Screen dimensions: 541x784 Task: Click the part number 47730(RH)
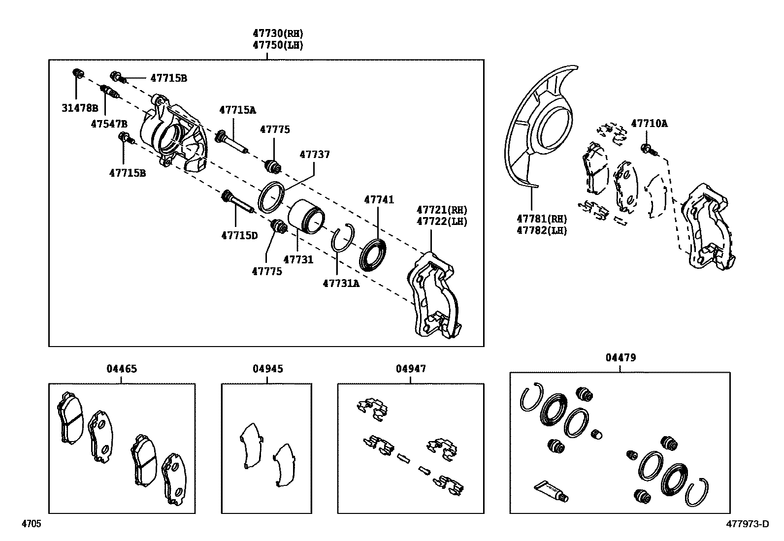(x=278, y=33)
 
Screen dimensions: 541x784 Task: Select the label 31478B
(x=80, y=108)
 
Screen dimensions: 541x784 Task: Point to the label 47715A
(x=237, y=110)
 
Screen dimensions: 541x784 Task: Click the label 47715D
(x=239, y=235)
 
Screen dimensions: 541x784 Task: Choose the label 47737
(x=315, y=155)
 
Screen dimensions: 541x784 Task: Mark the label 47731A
(x=341, y=283)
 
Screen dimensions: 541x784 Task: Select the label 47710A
(x=649, y=124)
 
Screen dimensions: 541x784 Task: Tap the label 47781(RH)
(x=541, y=219)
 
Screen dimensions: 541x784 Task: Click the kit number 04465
(x=122, y=369)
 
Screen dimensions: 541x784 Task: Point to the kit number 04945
(x=267, y=369)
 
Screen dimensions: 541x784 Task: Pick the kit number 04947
(x=411, y=369)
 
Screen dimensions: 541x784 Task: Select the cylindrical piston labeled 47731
(x=305, y=216)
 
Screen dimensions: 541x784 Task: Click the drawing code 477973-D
(x=747, y=524)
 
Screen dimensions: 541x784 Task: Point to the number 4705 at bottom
(x=31, y=524)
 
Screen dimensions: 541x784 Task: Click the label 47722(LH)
(x=442, y=222)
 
